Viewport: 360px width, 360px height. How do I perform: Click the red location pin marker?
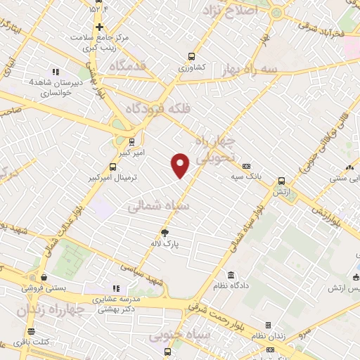[181, 165]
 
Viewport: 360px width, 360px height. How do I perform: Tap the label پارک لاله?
[166, 243]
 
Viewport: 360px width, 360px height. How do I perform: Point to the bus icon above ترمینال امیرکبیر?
[113, 167]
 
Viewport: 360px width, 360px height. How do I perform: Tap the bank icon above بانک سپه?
[246, 166]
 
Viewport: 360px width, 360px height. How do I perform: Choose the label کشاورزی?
[191, 67]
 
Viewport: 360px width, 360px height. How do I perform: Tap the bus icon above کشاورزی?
[191, 57]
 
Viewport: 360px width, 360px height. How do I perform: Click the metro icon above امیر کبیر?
[131, 141]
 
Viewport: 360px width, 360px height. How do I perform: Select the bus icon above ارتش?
[281, 181]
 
